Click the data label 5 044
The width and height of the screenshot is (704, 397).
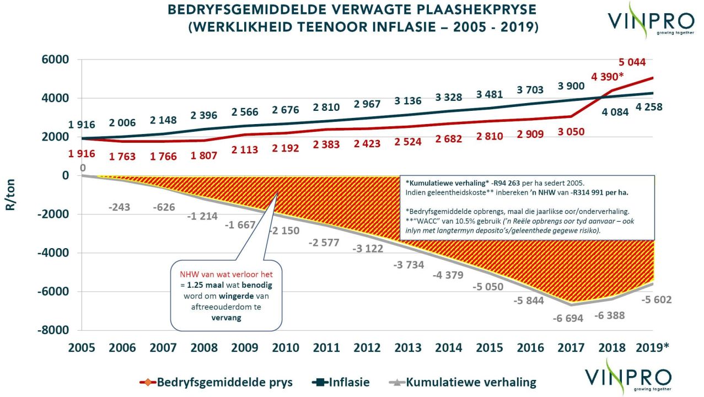632,62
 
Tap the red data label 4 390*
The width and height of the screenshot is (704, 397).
607,77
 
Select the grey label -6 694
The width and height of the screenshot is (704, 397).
568,318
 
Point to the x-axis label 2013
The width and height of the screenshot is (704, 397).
408,347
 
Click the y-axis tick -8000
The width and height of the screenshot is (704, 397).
53,330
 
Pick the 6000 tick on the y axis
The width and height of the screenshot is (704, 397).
55,60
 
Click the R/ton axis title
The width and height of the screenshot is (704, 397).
10,195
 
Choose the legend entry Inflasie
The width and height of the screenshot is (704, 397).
341,382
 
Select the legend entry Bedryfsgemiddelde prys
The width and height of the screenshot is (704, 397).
216,382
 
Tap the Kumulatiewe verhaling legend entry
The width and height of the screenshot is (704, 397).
463,382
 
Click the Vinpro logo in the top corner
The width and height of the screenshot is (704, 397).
651,21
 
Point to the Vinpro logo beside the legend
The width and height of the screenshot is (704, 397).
628,377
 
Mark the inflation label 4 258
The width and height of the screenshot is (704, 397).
649,107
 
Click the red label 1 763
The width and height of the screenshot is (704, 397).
122,157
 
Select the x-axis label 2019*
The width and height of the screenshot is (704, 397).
653,347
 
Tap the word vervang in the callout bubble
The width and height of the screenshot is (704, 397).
226,318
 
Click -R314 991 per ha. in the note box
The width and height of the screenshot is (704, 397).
599,192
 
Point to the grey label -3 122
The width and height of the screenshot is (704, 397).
368,249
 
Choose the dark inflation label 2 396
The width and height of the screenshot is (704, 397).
203,115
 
